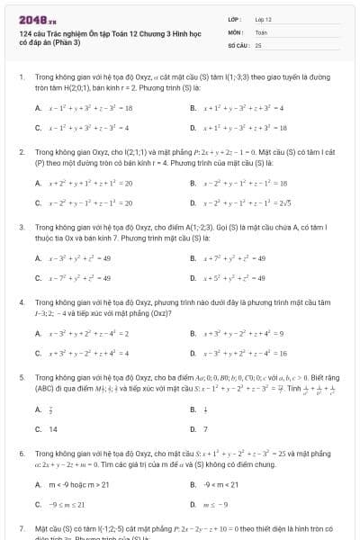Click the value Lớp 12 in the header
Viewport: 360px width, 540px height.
pyautogui.click(x=263, y=19)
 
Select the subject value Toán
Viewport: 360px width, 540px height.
pyautogui.click(x=261, y=31)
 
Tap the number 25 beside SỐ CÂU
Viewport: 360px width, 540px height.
pyautogui.click(x=258, y=44)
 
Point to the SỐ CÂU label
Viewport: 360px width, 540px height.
pyautogui.click(x=237, y=44)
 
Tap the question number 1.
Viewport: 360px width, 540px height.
pyautogui.click(x=21, y=78)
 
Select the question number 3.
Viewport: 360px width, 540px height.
pyautogui.click(x=21, y=229)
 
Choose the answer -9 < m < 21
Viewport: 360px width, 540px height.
pyautogui.click(x=220, y=484)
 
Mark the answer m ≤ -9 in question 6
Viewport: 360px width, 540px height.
pyautogui.click(x=215, y=505)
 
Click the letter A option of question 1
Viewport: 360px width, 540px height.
pyautogui.click(x=38, y=108)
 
